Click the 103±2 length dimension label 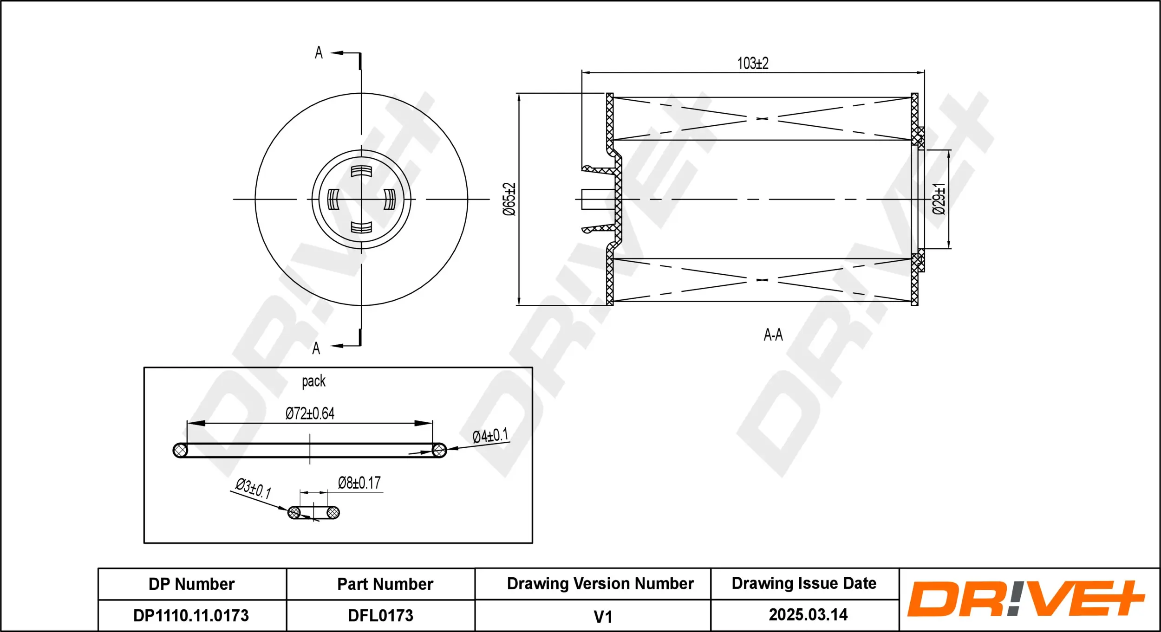[753, 63]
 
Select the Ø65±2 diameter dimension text [509, 199]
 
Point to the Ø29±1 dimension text [939, 199]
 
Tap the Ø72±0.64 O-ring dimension [310, 413]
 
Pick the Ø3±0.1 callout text [254, 488]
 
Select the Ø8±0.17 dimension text [359, 483]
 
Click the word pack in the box [313, 381]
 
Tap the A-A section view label [773, 335]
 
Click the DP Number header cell [192, 584]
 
